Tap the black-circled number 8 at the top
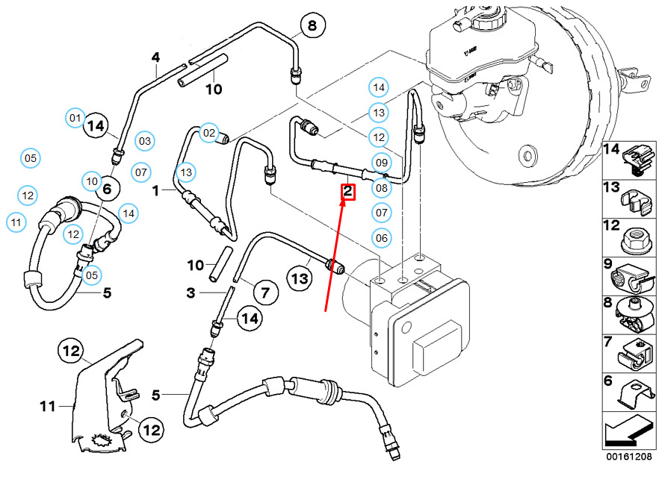click(x=312, y=26)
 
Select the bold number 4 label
click(x=156, y=57)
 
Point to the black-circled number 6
click(x=107, y=190)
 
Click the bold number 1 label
click(x=156, y=191)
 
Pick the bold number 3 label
click(x=191, y=293)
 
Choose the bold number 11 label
click(x=48, y=407)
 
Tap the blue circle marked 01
click(x=75, y=117)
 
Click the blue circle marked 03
click(x=144, y=140)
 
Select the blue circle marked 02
click(x=208, y=133)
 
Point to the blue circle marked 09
click(x=381, y=163)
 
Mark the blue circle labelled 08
click(x=381, y=188)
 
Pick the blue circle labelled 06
click(x=382, y=238)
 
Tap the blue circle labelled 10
click(x=91, y=181)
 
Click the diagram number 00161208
click(x=629, y=455)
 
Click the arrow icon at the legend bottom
click(x=628, y=432)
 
